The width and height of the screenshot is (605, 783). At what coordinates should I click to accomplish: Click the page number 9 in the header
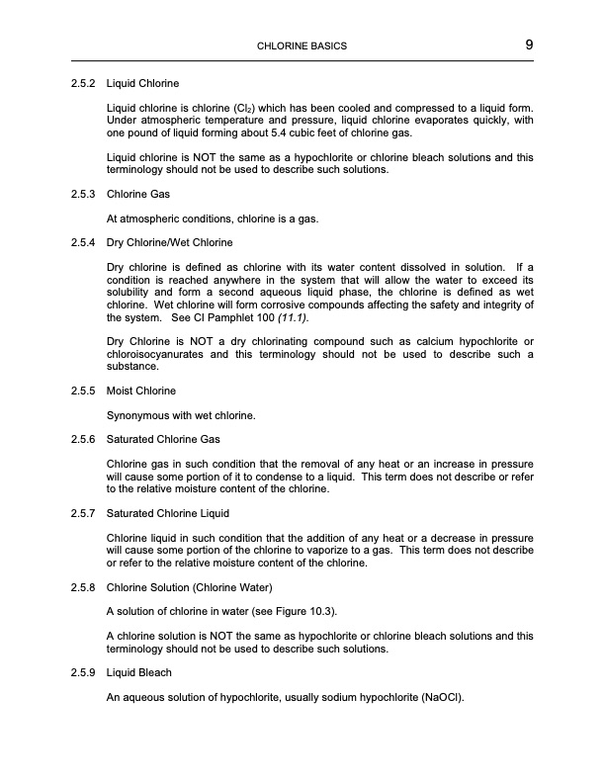click(x=529, y=45)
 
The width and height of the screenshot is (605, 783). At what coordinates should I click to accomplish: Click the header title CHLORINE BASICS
click(x=302, y=46)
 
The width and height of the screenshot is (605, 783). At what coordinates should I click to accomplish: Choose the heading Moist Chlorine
click(x=141, y=391)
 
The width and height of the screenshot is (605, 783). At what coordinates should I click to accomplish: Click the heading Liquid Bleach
click(x=139, y=673)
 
